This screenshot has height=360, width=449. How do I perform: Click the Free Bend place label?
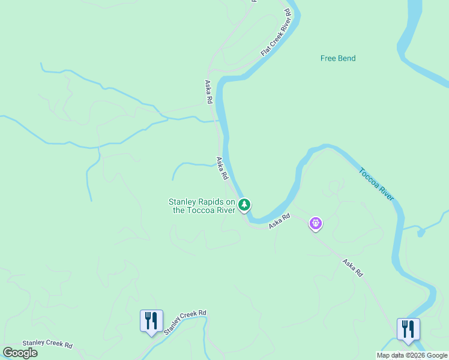pyautogui.click(x=338, y=58)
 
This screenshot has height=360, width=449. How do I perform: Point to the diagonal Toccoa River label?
pyautogui.click(x=376, y=184)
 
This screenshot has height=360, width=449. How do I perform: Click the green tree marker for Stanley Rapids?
pyautogui.click(x=244, y=205)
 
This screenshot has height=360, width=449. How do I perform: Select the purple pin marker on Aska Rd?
pyautogui.click(x=316, y=224)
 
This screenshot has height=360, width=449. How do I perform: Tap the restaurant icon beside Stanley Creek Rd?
pyautogui.click(x=151, y=321)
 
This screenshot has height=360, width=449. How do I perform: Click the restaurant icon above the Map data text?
pyautogui.click(x=408, y=329)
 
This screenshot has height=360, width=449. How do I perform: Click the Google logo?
pyautogui.click(x=20, y=353)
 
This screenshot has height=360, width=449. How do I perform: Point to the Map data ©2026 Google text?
pyautogui.click(x=412, y=355)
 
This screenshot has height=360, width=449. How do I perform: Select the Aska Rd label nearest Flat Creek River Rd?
pyautogui.click(x=209, y=92)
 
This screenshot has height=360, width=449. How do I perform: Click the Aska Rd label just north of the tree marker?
pyautogui.click(x=222, y=169)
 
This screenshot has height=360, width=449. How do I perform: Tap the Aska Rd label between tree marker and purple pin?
pyautogui.click(x=279, y=221)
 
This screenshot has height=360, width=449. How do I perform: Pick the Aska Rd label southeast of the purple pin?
pyautogui.click(x=353, y=268)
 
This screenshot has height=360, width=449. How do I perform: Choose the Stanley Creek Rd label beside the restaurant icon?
pyautogui.click(x=185, y=322)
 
